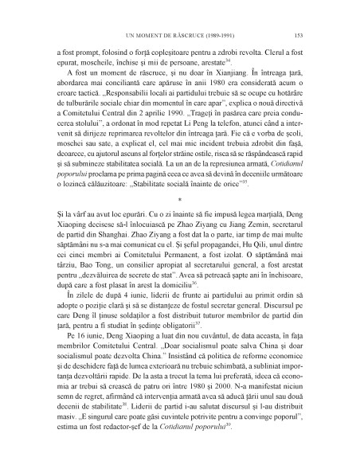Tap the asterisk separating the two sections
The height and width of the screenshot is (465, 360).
coord(180,213)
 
